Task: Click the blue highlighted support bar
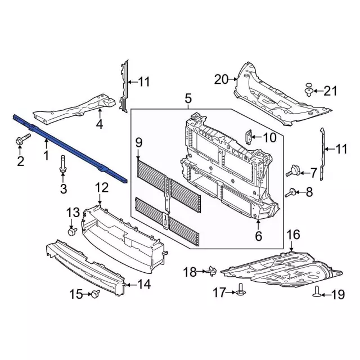(x=67, y=147)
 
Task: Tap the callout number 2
(x=20, y=163)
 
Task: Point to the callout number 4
(x=99, y=124)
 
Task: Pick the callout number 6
(x=258, y=236)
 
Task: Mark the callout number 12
(x=101, y=187)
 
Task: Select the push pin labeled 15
(x=95, y=294)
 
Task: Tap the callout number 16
(x=293, y=235)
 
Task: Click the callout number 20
(x=222, y=79)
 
